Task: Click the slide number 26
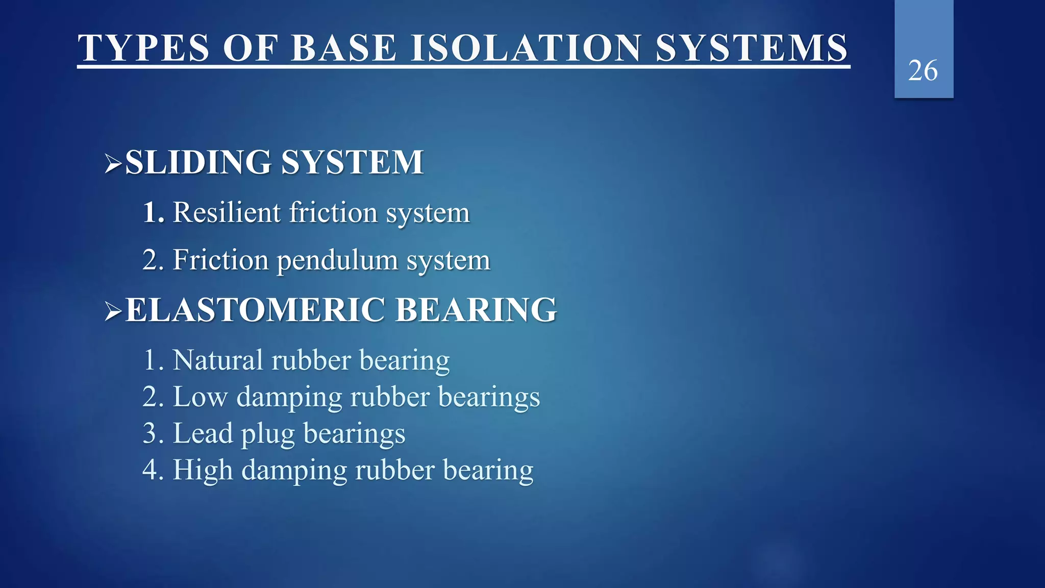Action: (x=923, y=70)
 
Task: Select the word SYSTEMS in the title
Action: (x=751, y=48)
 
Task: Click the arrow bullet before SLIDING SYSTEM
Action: (x=113, y=163)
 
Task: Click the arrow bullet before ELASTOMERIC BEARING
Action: (x=113, y=311)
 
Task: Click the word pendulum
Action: (x=337, y=260)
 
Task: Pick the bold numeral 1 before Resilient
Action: (x=152, y=212)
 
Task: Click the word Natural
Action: (x=218, y=360)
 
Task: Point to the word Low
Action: (x=200, y=397)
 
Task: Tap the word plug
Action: (x=267, y=435)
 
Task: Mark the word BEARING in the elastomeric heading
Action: (x=476, y=310)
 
